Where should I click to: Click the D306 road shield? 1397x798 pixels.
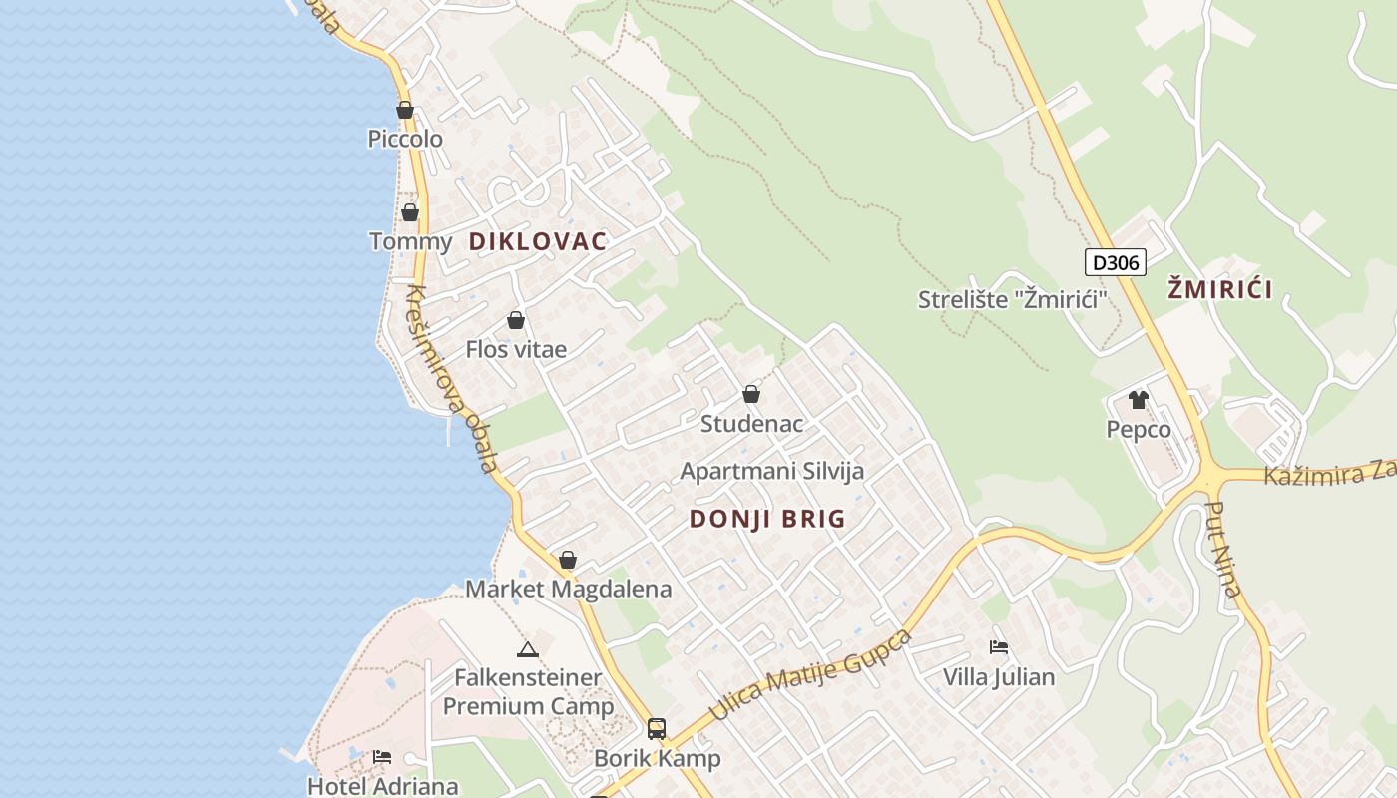pos(1115,262)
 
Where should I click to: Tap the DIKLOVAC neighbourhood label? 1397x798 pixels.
pos(538,241)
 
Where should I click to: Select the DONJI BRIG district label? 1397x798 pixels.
pos(767,519)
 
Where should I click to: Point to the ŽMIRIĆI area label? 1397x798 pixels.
pos(1220,290)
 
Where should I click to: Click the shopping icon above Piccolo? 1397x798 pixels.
pos(405,110)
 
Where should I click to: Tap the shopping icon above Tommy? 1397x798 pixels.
pos(410,212)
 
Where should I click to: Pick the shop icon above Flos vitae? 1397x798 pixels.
pos(516,320)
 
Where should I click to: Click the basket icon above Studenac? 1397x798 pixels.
pos(751,394)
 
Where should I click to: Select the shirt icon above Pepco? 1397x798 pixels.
pos(1138,400)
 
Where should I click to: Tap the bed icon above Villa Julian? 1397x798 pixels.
pos(999,647)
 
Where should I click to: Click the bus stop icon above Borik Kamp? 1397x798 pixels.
pos(656,729)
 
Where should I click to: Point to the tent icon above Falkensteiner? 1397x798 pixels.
pos(528,650)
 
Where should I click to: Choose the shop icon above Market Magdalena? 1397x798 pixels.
pos(568,560)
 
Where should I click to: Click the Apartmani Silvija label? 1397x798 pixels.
pos(772,471)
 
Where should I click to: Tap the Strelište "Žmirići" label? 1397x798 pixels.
pos(1013,299)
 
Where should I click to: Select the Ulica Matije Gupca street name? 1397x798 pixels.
pos(810,675)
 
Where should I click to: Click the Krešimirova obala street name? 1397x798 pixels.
pos(451,379)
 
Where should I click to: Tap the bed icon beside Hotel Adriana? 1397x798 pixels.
pos(382,757)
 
